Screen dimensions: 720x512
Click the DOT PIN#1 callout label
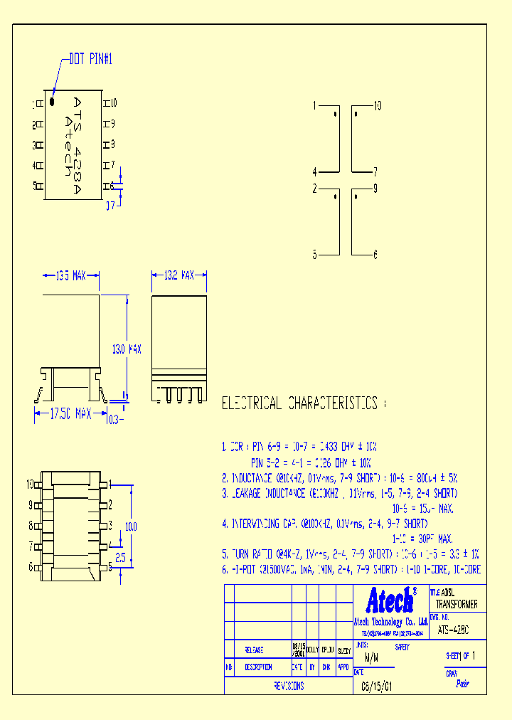tap(91, 60)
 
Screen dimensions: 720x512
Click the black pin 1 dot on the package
tap(52, 102)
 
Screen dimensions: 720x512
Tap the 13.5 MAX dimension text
tap(70, 275)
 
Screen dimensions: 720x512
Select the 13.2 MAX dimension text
tap(179, 275)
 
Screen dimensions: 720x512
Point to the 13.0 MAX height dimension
tap(127, 349)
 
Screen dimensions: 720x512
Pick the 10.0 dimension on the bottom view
tap(131, 526)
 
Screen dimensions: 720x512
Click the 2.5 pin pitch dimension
tap(120, 558)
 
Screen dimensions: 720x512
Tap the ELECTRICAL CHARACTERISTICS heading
tap(299, 403)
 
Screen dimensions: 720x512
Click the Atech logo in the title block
tap(390, 600)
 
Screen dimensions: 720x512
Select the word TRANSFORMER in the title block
tap(457, 604)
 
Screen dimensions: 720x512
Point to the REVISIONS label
tap(289, 686)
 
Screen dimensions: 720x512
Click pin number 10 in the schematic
tap(377, 105)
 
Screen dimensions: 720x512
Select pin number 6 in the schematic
tap(375, 254)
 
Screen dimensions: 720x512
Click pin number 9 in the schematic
tap(375, 189)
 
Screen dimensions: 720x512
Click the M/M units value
tap(370, 658)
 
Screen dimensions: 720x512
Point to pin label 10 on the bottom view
tap(31, 485)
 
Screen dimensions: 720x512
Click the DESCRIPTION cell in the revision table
tap(258, 667)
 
